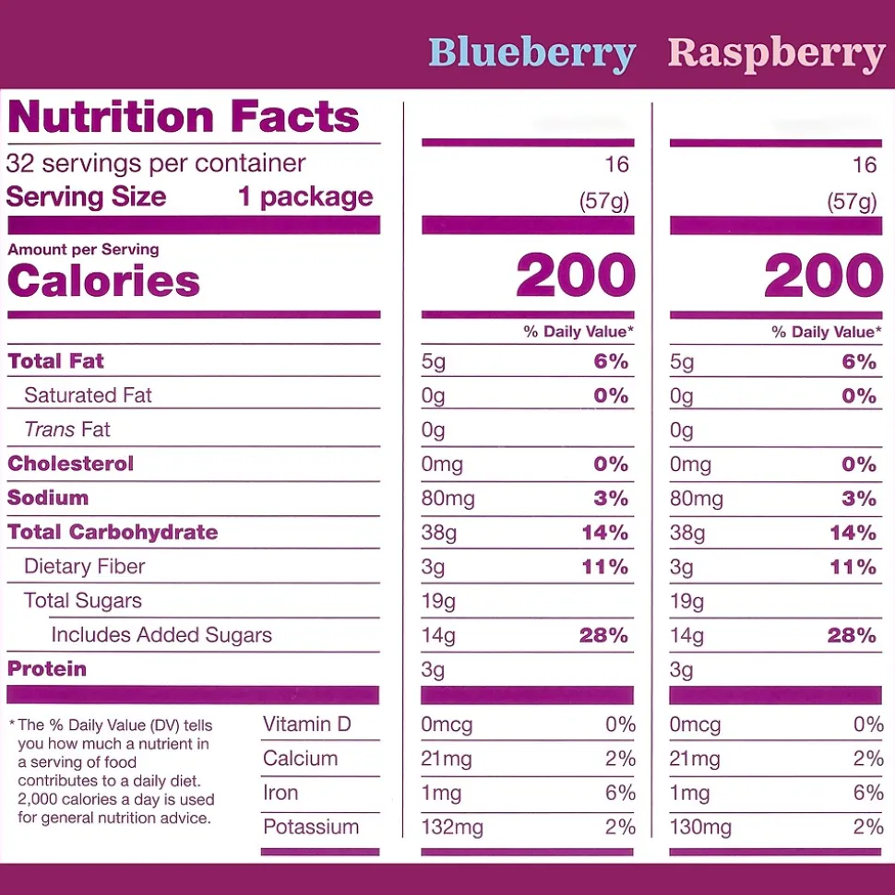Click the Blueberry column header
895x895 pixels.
tap(531, 53)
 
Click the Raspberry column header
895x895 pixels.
tap(775, 53)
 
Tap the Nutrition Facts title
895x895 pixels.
tap(184, 117)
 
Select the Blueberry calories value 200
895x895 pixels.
tap(576, 276)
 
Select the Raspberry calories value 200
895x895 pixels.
tap(824, 276)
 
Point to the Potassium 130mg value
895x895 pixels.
tap(700, 827)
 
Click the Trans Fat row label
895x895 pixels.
tap(67, 430)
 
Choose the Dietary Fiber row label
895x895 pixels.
tap(85, 566)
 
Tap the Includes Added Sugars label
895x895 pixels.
tap(161, 635)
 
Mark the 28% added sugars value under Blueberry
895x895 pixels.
tap(604, 635)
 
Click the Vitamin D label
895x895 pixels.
tap(307, 724)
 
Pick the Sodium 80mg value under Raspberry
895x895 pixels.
tap(697, 499)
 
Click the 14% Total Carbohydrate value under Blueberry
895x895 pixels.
tap(604, 533)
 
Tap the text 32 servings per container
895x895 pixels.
tap(156, 164)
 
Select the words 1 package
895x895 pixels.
tap(305, 196)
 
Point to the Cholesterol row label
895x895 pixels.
tap(71, 464)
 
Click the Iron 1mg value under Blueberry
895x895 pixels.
tap(441, 793)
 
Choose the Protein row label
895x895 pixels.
tap(47, 669)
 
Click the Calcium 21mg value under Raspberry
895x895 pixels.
tap(695, 759)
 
